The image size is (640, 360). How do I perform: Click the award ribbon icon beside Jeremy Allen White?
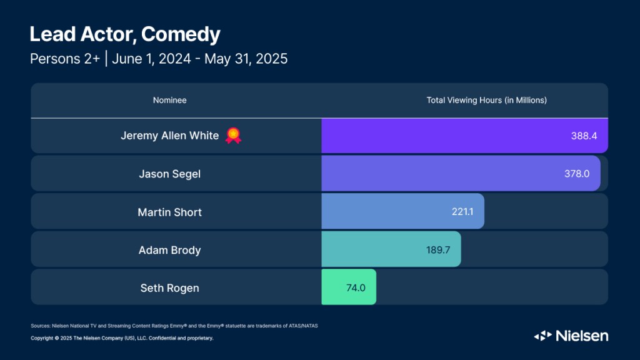234,135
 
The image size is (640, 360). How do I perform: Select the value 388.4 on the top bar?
584,136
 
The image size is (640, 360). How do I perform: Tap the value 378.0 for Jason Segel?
577,174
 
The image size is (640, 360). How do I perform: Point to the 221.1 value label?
462,212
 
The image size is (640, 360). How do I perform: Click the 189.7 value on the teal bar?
438,250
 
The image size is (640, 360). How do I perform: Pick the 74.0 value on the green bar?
356,287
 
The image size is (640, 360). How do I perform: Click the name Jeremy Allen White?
169,136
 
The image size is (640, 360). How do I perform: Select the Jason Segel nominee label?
169,174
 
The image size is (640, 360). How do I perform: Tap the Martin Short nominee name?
169,212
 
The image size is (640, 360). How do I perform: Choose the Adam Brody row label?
169,250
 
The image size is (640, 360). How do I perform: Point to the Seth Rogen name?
169,287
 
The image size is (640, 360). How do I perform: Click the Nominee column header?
169,100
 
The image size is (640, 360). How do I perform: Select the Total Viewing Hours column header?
486,100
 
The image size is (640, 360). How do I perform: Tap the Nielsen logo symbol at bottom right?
542,336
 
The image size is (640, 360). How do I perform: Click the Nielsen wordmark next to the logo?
582,336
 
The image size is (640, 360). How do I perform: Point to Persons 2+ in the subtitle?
64,59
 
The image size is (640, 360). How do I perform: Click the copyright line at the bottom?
122,338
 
